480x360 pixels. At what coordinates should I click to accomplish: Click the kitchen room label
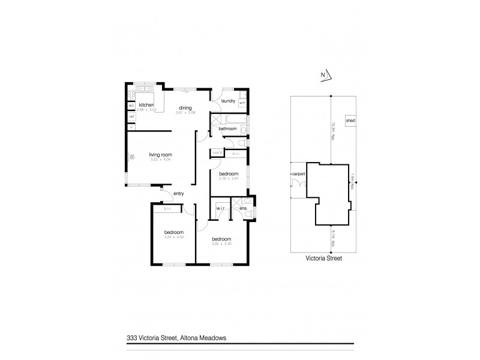(146, 105)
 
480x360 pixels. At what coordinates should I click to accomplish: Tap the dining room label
(185, 108)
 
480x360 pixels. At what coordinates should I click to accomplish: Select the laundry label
(228, 101)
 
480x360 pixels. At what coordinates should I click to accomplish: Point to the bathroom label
(227, 129)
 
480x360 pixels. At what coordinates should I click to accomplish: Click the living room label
(160, 155)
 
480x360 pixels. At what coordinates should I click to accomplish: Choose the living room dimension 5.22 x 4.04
(160, 160)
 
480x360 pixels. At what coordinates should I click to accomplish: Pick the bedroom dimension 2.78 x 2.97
(229, 178)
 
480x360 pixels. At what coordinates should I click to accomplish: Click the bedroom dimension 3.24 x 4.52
(173, 236)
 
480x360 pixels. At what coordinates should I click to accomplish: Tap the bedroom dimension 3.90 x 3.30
(221, 243)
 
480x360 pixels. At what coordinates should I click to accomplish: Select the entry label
(178, 193)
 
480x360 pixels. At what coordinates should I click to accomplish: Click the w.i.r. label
(220, 209)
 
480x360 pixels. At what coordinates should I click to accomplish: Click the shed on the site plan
(351, 121)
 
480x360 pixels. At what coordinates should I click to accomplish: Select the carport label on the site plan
(298, 174)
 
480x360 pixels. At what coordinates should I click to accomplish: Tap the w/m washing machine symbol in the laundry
(242, 103)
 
